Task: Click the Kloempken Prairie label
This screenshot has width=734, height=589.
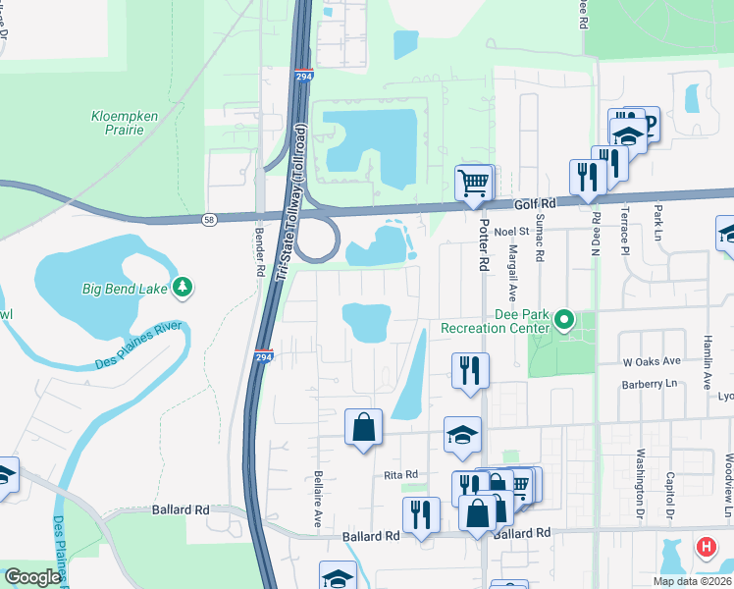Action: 125,123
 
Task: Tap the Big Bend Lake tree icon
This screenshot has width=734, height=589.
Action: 182,287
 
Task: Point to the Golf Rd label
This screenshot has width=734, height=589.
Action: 535,203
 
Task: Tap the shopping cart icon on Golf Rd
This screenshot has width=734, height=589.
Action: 473,182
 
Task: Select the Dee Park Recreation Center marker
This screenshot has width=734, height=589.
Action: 564,320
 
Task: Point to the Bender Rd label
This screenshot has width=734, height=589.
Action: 261,251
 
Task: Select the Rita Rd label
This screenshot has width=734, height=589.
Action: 400,474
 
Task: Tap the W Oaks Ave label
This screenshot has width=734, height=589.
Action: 652,361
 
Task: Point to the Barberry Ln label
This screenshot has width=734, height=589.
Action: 650,385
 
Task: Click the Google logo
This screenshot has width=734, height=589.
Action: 31,577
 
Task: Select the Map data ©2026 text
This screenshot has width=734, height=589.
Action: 692,581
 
